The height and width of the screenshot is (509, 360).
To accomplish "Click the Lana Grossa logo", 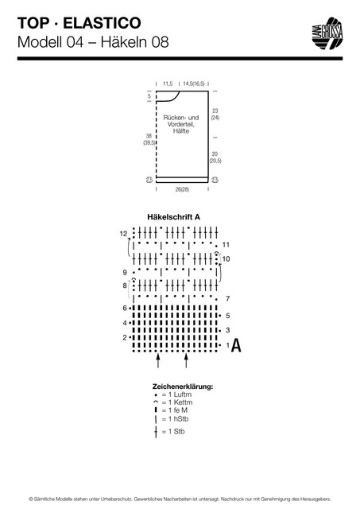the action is click(x=327, y=33).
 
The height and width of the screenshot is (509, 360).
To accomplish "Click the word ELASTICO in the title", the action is click(x=102, y=23).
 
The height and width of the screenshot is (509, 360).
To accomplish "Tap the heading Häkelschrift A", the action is click(x=173, y=217).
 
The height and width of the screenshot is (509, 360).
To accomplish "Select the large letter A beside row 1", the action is click(x=237, y=345).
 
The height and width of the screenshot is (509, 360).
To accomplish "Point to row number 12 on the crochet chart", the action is click(x=123, y=234).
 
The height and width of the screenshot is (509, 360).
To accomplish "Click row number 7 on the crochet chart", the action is click(x=227, y=298).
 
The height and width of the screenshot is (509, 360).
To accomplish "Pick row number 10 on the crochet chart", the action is click(x=226, y=258).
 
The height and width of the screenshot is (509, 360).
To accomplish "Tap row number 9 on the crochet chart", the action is click(x=125, y=272).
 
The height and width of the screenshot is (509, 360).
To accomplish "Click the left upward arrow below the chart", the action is click(x=158, y=360).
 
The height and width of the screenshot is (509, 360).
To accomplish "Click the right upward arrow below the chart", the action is click(x=186, y=360).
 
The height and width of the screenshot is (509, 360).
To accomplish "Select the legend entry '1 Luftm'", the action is click(x=173, y=394).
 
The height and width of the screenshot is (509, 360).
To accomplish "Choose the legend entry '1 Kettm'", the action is click(x=173, y=402).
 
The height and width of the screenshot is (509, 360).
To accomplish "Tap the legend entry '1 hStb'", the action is click(x=172, y=419).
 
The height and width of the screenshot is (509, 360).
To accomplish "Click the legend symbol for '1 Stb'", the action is click(x=156, y=432).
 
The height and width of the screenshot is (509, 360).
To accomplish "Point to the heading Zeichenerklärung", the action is click(x=183, y=387).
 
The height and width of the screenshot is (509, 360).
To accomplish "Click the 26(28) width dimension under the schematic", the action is click(x=182, y=189).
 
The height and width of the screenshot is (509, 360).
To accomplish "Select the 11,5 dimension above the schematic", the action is click(x=168, y=84).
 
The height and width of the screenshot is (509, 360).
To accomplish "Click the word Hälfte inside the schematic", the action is click(x=181, y=131).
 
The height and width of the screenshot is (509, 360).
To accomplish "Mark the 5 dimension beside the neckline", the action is click(x=149, y=96).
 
